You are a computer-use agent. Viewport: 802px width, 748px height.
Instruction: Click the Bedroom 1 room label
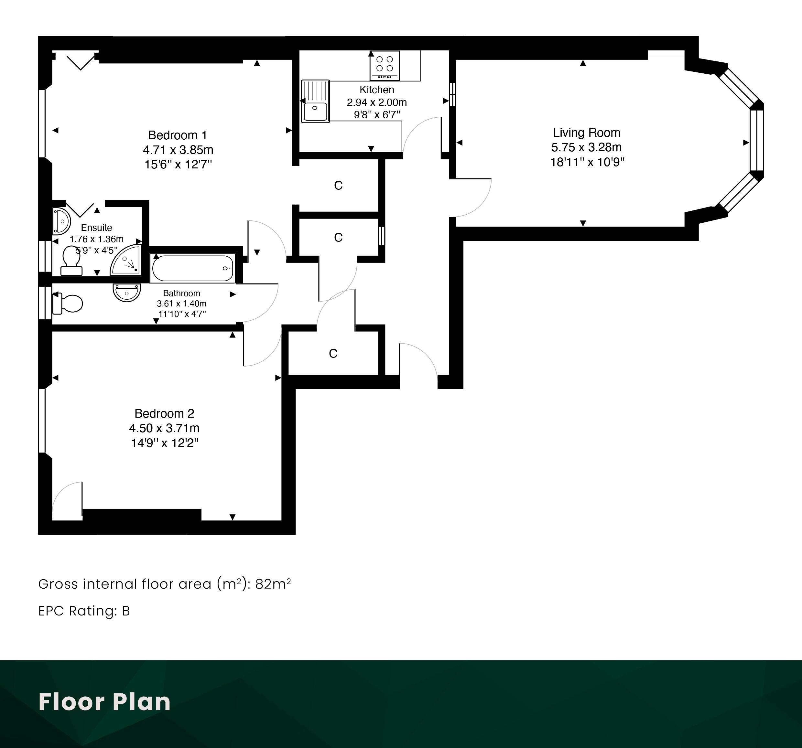[178, 135]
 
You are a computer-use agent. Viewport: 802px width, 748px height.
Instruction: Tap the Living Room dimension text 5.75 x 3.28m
[587, 147]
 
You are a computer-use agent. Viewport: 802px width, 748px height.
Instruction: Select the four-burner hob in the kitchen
[385, 65]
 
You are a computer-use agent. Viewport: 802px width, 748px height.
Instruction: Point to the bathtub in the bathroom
[193, 268]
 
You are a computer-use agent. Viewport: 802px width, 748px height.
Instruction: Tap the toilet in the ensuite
[71, 261]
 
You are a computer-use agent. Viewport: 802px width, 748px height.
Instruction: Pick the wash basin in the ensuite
[61, 221]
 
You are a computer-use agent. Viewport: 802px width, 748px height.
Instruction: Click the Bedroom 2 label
[164, 413]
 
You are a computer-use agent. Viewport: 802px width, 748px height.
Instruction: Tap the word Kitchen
[377, 90]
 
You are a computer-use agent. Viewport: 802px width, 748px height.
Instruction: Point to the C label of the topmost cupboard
[338, 186]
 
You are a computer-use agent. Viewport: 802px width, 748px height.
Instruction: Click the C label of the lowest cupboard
[333, 354]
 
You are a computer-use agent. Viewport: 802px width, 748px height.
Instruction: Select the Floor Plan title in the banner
[104, 702]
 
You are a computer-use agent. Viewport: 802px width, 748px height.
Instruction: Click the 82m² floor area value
[273, 583]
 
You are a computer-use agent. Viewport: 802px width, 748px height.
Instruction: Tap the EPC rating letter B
[126, 611]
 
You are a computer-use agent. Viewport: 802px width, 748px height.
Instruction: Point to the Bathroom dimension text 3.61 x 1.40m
[181, 304]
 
